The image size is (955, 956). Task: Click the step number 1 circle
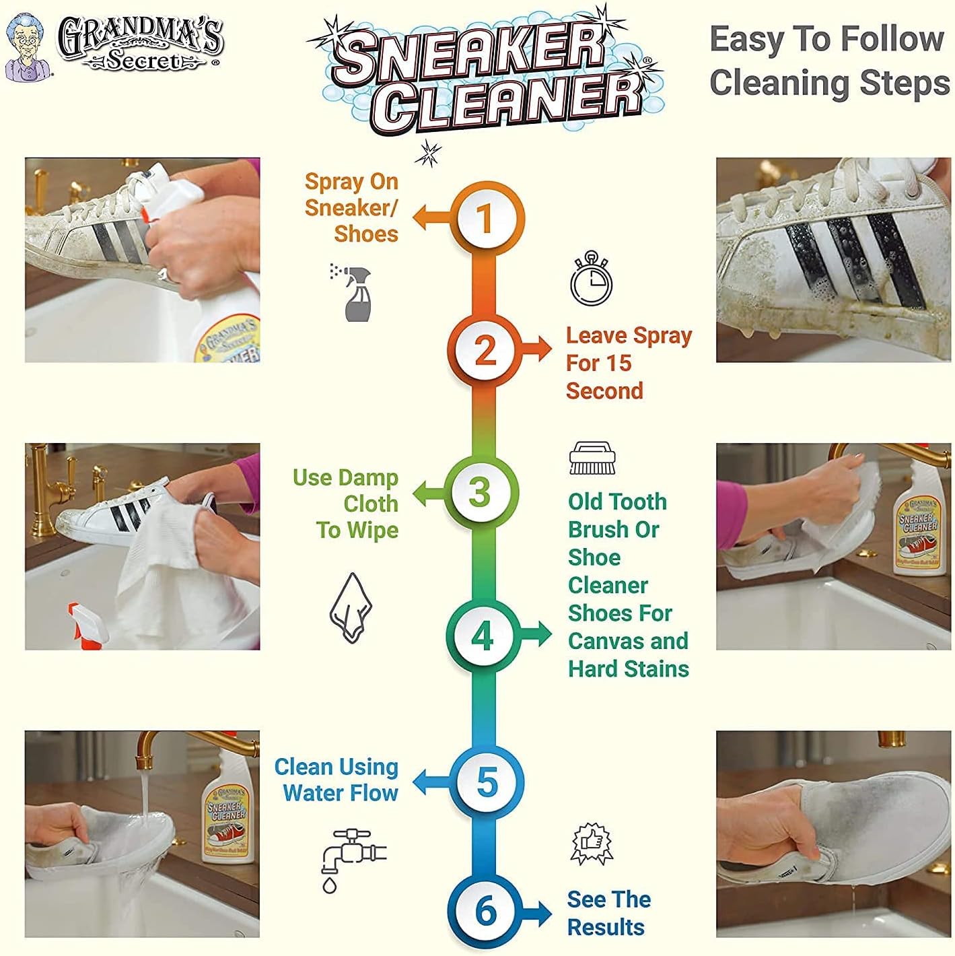tap(485, 218)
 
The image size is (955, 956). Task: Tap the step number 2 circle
tap(485, 350)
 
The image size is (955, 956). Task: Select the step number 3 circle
tap(481, 492)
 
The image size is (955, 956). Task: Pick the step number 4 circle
tap(482, 635)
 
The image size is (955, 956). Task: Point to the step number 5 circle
tap(486, 782)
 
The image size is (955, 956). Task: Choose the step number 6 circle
tap(486, 910)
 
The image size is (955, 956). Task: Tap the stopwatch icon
tap(591, 279)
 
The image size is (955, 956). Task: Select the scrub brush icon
tap(592, 458)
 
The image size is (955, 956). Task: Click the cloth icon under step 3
tap(351, 607)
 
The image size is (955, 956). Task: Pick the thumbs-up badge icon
tap(591, 843)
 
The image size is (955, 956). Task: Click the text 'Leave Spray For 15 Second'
tap(628, 363)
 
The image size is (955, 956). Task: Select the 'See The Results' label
tap(608, 913)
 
